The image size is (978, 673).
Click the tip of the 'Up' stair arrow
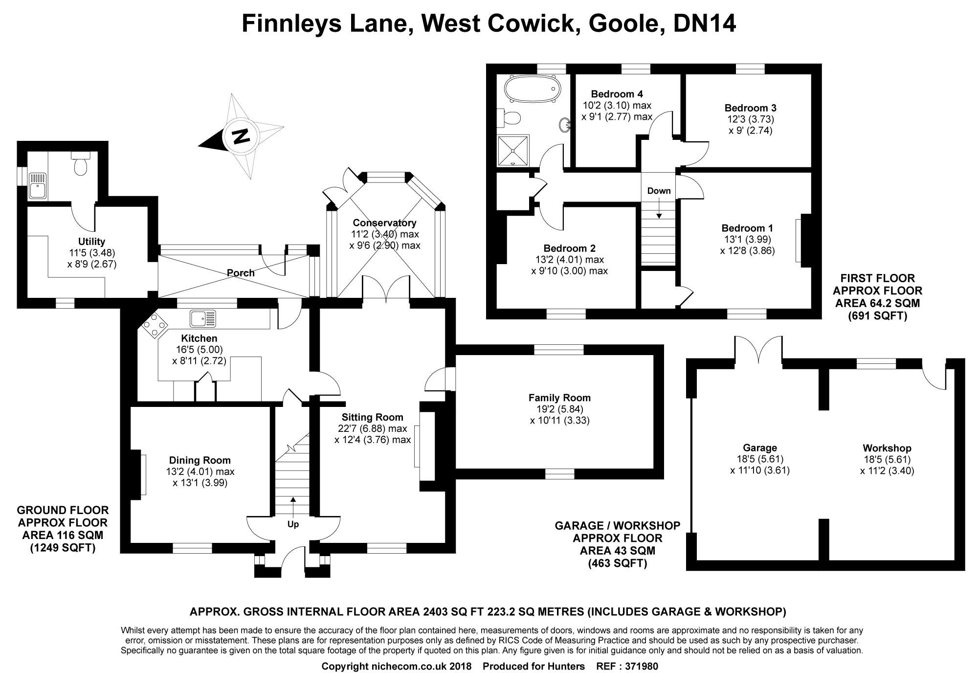pyautogui.click(x=293, y=497)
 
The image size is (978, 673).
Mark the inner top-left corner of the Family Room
pyautogui.click(x=456, y=355)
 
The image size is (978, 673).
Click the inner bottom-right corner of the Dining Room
pyautogui.click(x=270, y=541)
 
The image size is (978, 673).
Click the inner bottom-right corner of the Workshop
pyautogui.click(x=955, y=560)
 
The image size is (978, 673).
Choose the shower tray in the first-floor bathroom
pyautogui.click(x=513, y=151)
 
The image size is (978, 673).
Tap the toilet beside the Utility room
pyautogui.click(x=80, y=163)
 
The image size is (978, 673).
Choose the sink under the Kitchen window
pyautogui.click(x=203, y=318)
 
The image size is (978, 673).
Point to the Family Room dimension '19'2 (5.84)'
pyautogui.click(x=559, y=409)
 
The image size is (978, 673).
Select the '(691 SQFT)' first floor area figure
pyautogui.click(x=877, y=316)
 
